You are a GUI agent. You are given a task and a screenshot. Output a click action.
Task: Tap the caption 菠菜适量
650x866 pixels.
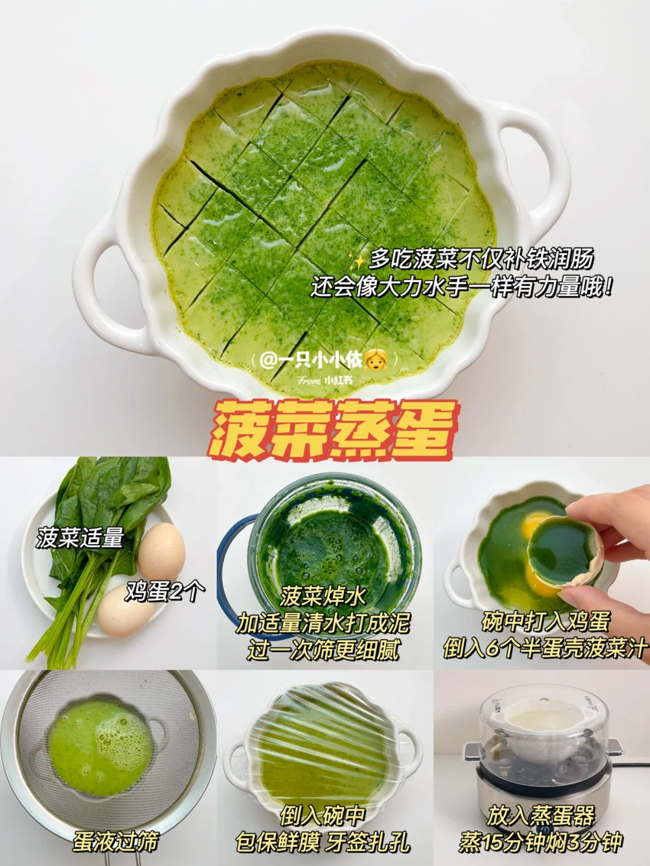point(81,538)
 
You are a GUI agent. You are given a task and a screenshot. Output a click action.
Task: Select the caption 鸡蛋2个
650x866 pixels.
point(166,592)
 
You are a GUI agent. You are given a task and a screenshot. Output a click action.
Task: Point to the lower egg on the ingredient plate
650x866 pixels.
point(126,610)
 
